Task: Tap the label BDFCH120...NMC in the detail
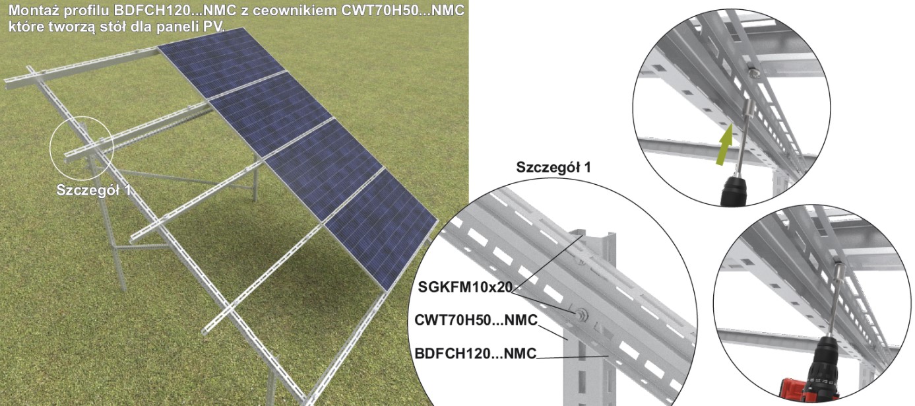475,355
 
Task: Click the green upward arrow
726,140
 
